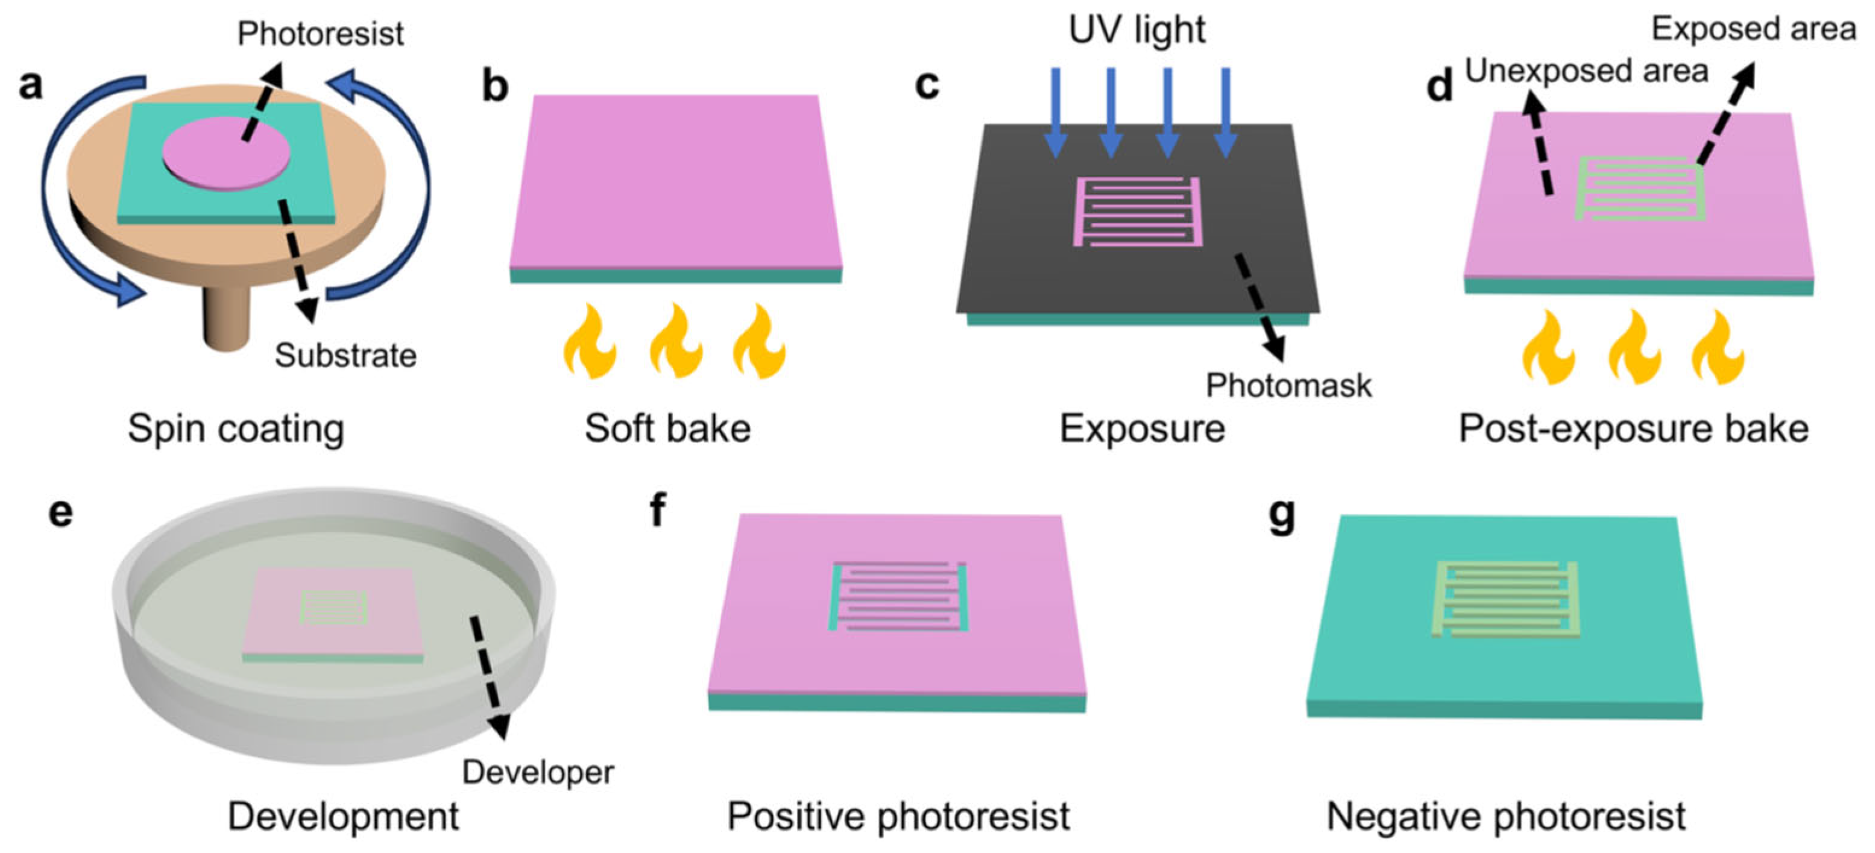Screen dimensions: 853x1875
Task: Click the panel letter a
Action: pos(31,85)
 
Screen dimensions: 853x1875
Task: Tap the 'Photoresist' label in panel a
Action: pos(320,34)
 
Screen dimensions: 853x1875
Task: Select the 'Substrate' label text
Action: pos(345,356)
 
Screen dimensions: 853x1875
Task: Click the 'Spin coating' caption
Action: pos(236,428)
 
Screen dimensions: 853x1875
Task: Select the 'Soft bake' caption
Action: pos(667,428)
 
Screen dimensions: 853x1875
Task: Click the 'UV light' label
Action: pos(1136,30)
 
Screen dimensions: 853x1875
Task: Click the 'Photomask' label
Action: pos(1288,385)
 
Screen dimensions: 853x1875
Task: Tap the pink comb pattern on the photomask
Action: pos(1138,211)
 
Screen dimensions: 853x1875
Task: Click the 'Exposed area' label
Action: pos(1753,29)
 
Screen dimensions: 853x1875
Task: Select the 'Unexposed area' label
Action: pos(1586,71)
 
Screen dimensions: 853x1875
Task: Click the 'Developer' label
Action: pos(538,772)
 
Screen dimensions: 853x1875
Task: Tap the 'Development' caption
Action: pos(343,816)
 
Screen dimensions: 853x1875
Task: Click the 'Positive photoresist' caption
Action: pos(898,816)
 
